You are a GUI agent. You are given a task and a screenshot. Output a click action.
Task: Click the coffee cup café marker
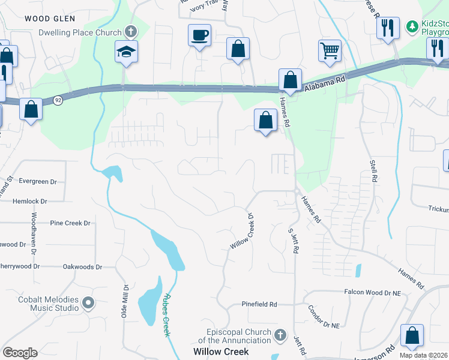pos(199,35)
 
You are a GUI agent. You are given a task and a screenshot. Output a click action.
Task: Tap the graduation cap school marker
pos(127,52)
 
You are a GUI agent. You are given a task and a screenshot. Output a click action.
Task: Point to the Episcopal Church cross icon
pos(280,334)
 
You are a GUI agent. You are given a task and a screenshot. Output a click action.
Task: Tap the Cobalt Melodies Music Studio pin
pos(89,302)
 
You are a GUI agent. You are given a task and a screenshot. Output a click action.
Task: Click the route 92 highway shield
pos(57,100)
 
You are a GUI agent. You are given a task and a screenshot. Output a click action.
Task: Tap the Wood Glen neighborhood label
pos(50,19)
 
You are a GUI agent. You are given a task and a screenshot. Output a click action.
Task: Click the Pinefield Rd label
pos(259,305)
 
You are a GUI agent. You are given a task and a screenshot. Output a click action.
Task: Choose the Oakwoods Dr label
pos(83,267)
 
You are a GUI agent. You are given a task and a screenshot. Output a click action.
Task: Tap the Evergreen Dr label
pos(37,181)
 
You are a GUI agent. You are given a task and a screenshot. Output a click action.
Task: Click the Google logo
pos(20,353)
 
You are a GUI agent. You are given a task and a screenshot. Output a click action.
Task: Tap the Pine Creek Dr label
pos(70,223)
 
